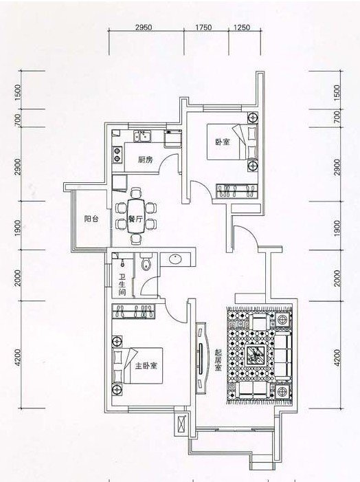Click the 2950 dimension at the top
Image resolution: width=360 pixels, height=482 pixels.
144,27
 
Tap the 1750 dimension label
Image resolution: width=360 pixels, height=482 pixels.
203,27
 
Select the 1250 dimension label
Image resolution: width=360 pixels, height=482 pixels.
242,27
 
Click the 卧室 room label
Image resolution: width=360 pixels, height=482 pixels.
223,142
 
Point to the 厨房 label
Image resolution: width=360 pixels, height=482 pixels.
145,160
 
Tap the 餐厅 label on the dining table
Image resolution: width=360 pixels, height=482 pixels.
135,219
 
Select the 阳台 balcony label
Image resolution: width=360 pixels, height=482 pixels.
91,219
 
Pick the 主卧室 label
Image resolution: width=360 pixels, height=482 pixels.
146,366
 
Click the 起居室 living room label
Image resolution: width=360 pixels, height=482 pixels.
218,360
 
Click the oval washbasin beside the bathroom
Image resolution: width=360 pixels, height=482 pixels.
175,259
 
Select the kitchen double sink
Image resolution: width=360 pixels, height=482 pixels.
142,136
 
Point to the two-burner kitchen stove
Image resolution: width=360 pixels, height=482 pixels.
117,154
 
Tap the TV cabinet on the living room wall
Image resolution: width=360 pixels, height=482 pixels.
201,358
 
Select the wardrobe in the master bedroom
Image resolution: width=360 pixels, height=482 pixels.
133,311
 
